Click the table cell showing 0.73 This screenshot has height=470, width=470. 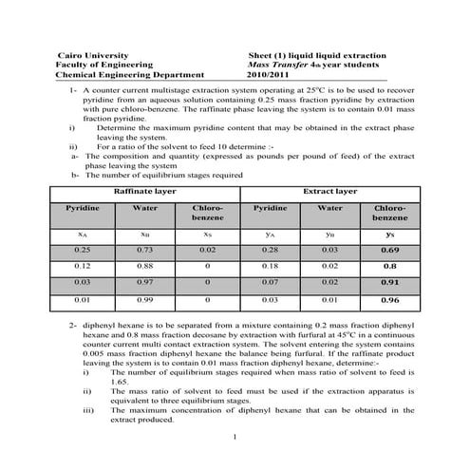click(143, 248)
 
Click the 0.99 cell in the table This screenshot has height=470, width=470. click(143, 300)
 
